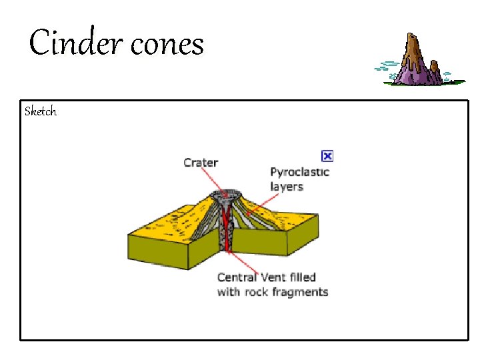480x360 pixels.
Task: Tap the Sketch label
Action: [x=41, y=111]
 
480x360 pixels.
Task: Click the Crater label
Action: [x=201, y=162]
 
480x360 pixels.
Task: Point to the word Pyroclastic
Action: [x=299, y=172]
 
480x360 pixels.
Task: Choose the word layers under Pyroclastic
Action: [x=287, y=186]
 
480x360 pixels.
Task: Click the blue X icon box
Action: [x=327, y=156]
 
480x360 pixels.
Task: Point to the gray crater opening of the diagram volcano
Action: [x=225, y=197]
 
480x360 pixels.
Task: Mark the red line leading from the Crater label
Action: [x=212, y=179]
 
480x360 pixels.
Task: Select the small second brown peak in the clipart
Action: [x=435, y=67]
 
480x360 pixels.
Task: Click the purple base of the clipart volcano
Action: [x=417, y=77]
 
